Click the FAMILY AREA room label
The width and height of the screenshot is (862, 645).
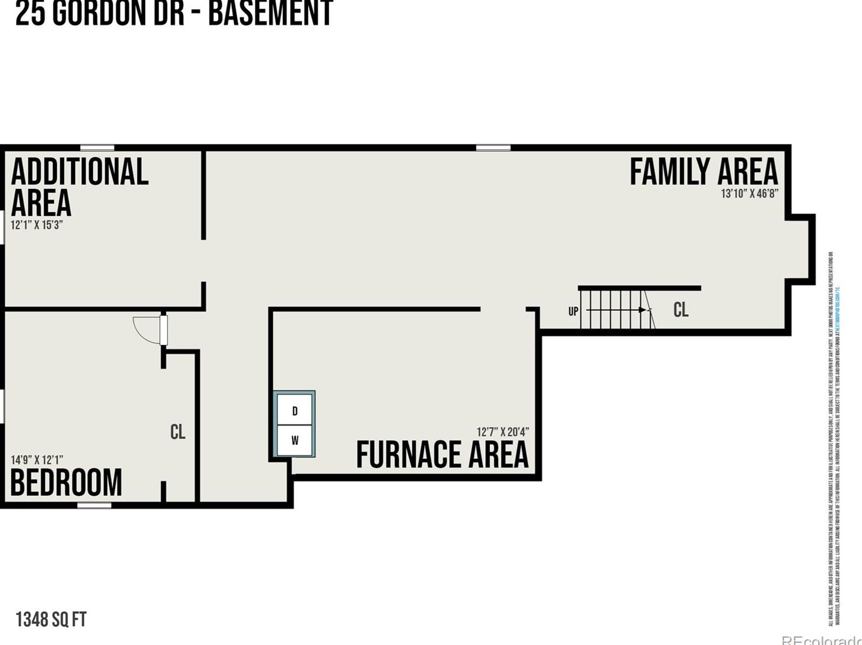click(703, 171)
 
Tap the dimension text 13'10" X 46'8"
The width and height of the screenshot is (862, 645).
click(749, 194)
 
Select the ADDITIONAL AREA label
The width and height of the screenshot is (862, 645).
click(79, 187)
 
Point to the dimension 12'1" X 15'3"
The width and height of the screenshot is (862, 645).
click(36, 225)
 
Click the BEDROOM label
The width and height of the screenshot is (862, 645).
click(66, 483)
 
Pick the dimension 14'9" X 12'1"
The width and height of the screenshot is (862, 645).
click(36, 460)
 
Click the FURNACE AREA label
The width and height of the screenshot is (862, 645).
click(442, 455)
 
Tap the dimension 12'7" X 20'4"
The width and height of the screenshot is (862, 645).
click(502, 432)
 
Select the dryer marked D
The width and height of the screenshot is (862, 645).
click(294, 411)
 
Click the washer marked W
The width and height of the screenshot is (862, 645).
click(294, 440)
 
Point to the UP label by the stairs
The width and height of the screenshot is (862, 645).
click(573, 311)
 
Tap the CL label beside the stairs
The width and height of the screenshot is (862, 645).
click(680, 310)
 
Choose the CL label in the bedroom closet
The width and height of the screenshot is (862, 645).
click(178, 432)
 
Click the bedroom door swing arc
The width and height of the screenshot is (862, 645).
click(147, 330)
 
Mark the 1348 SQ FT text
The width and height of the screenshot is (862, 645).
click(51, 619)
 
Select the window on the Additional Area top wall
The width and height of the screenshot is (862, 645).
click(97, 148)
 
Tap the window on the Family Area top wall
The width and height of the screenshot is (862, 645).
click(493, 148)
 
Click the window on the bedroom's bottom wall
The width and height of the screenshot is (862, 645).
click(95, 505)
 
